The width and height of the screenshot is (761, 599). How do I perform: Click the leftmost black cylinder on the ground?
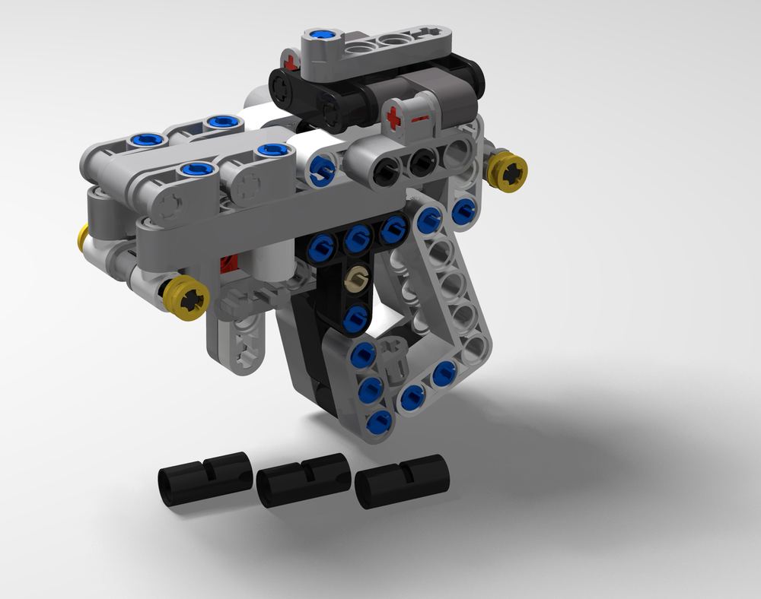204,478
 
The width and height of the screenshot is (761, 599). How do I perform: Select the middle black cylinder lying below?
303,480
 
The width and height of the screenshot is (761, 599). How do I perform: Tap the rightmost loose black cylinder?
403,481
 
